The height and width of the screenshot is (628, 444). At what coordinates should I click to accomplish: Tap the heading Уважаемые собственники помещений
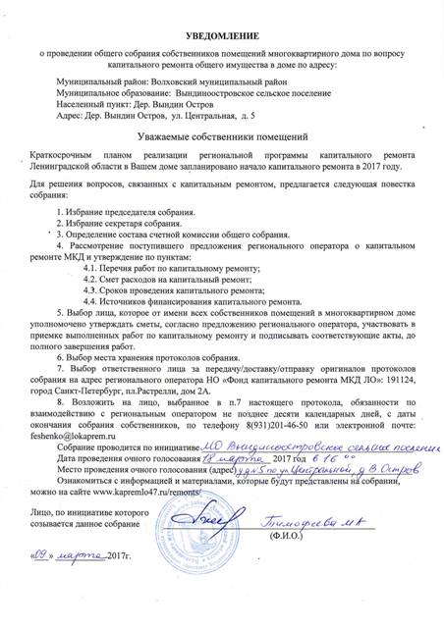tap(222, 136)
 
